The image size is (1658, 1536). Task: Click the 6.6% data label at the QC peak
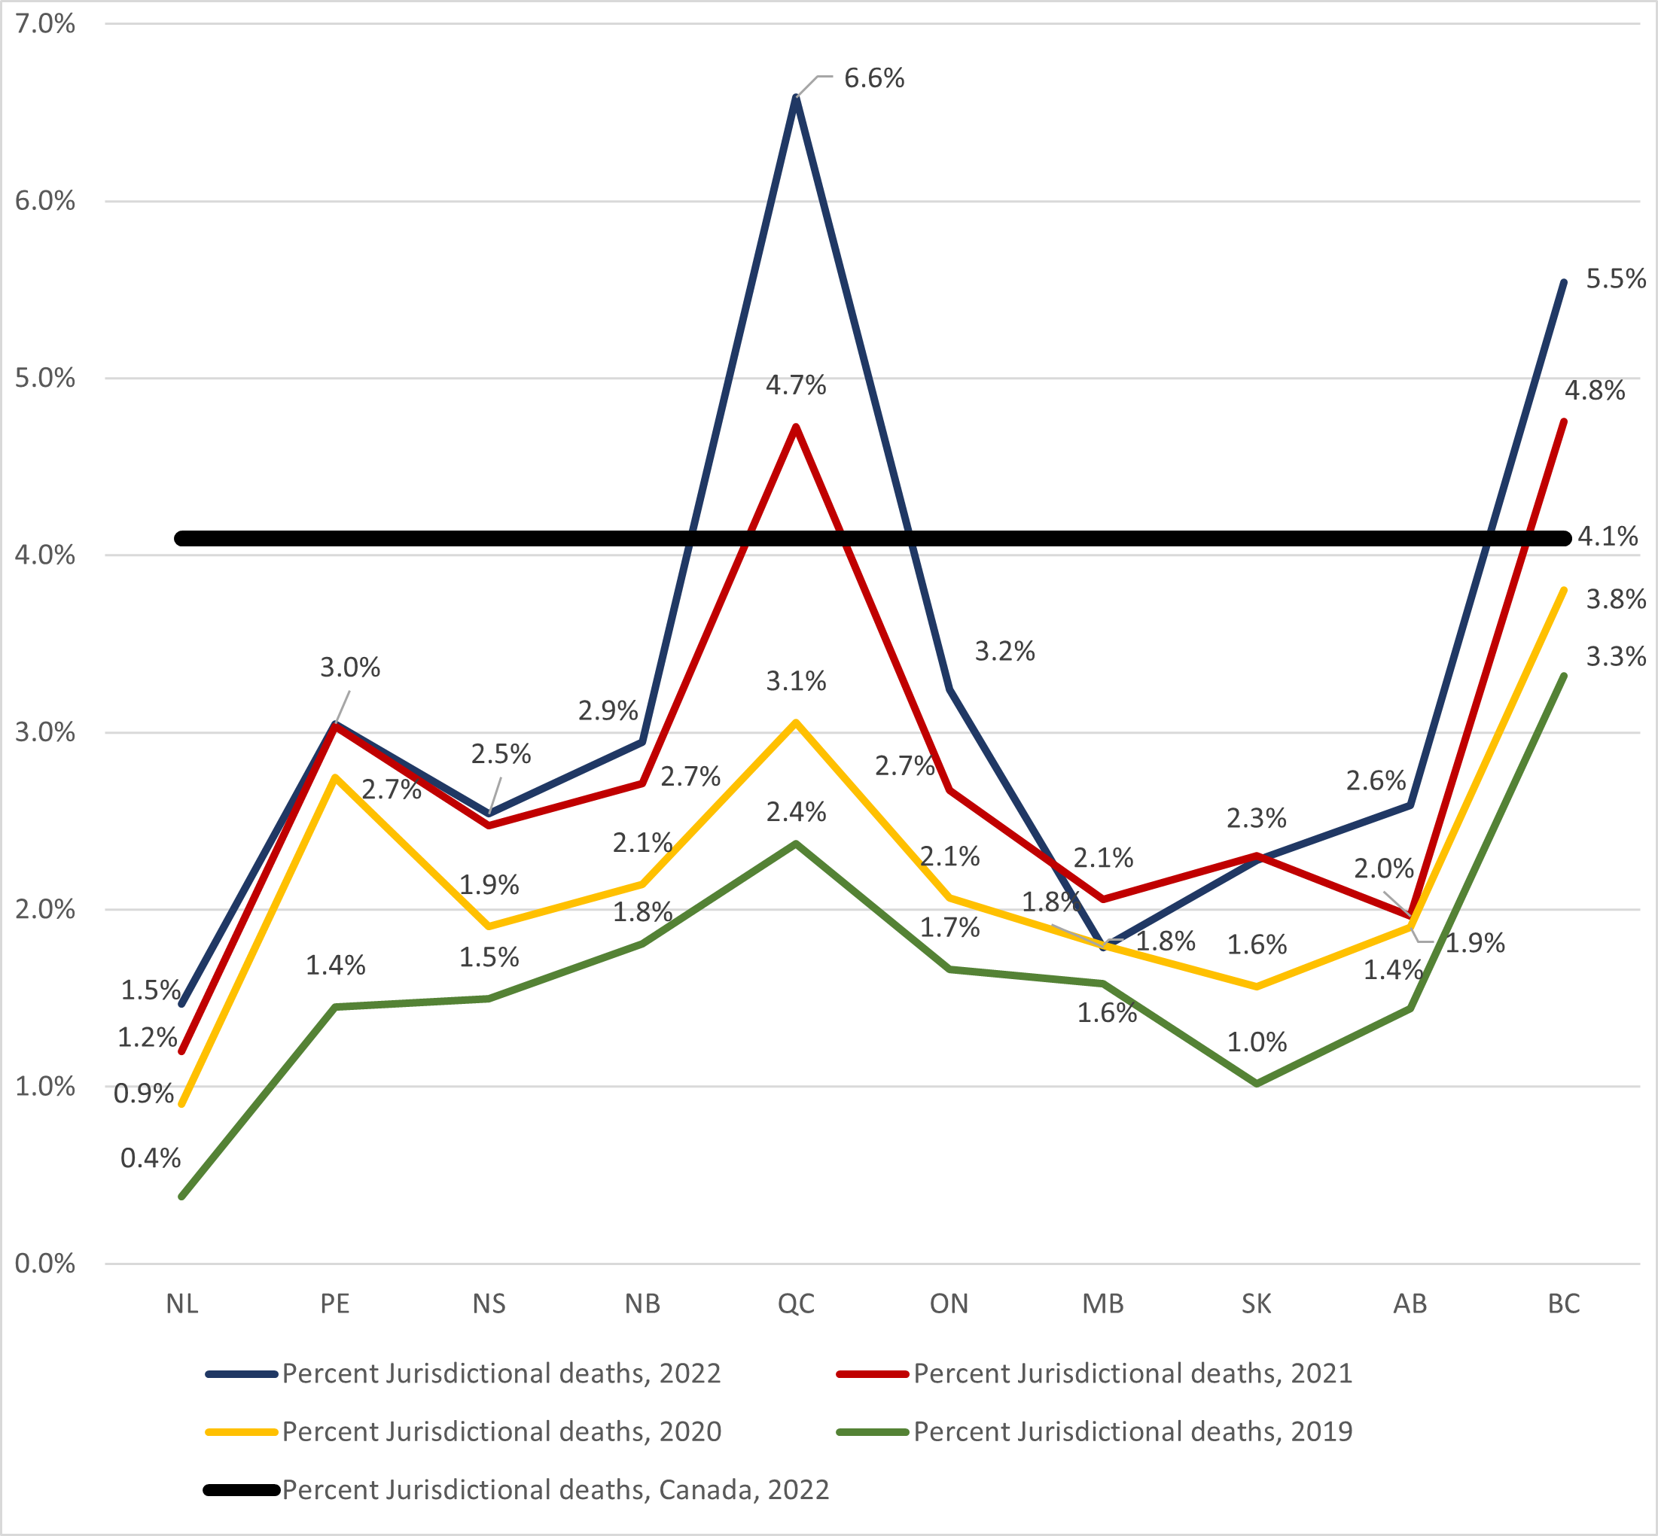pos(873,78)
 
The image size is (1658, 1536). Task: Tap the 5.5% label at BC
pos(1615,279)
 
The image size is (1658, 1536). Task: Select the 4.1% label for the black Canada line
pos(1607,537)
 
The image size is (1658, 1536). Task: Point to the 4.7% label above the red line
pos(796,385)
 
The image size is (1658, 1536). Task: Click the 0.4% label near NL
pos(151,1157)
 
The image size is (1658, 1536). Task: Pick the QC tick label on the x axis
pos(796,1303)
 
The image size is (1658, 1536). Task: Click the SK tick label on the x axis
pos(1256,1303)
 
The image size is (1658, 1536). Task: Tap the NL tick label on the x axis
pos(182,1303)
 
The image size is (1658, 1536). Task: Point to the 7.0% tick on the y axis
pos(45,24)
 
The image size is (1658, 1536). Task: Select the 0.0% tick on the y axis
pos(45,1264)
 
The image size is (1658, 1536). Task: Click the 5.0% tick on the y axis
pos(45,379)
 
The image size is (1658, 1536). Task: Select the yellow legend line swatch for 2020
pos(241,1432)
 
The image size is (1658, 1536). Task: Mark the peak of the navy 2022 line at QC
pos(796,98)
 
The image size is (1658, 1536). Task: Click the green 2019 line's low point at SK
pos(1257,1084)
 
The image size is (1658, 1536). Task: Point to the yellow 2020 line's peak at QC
pos(796,722)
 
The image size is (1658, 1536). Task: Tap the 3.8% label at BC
pos(1615,599)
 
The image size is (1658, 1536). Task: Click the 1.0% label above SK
pos(1257,1042)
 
